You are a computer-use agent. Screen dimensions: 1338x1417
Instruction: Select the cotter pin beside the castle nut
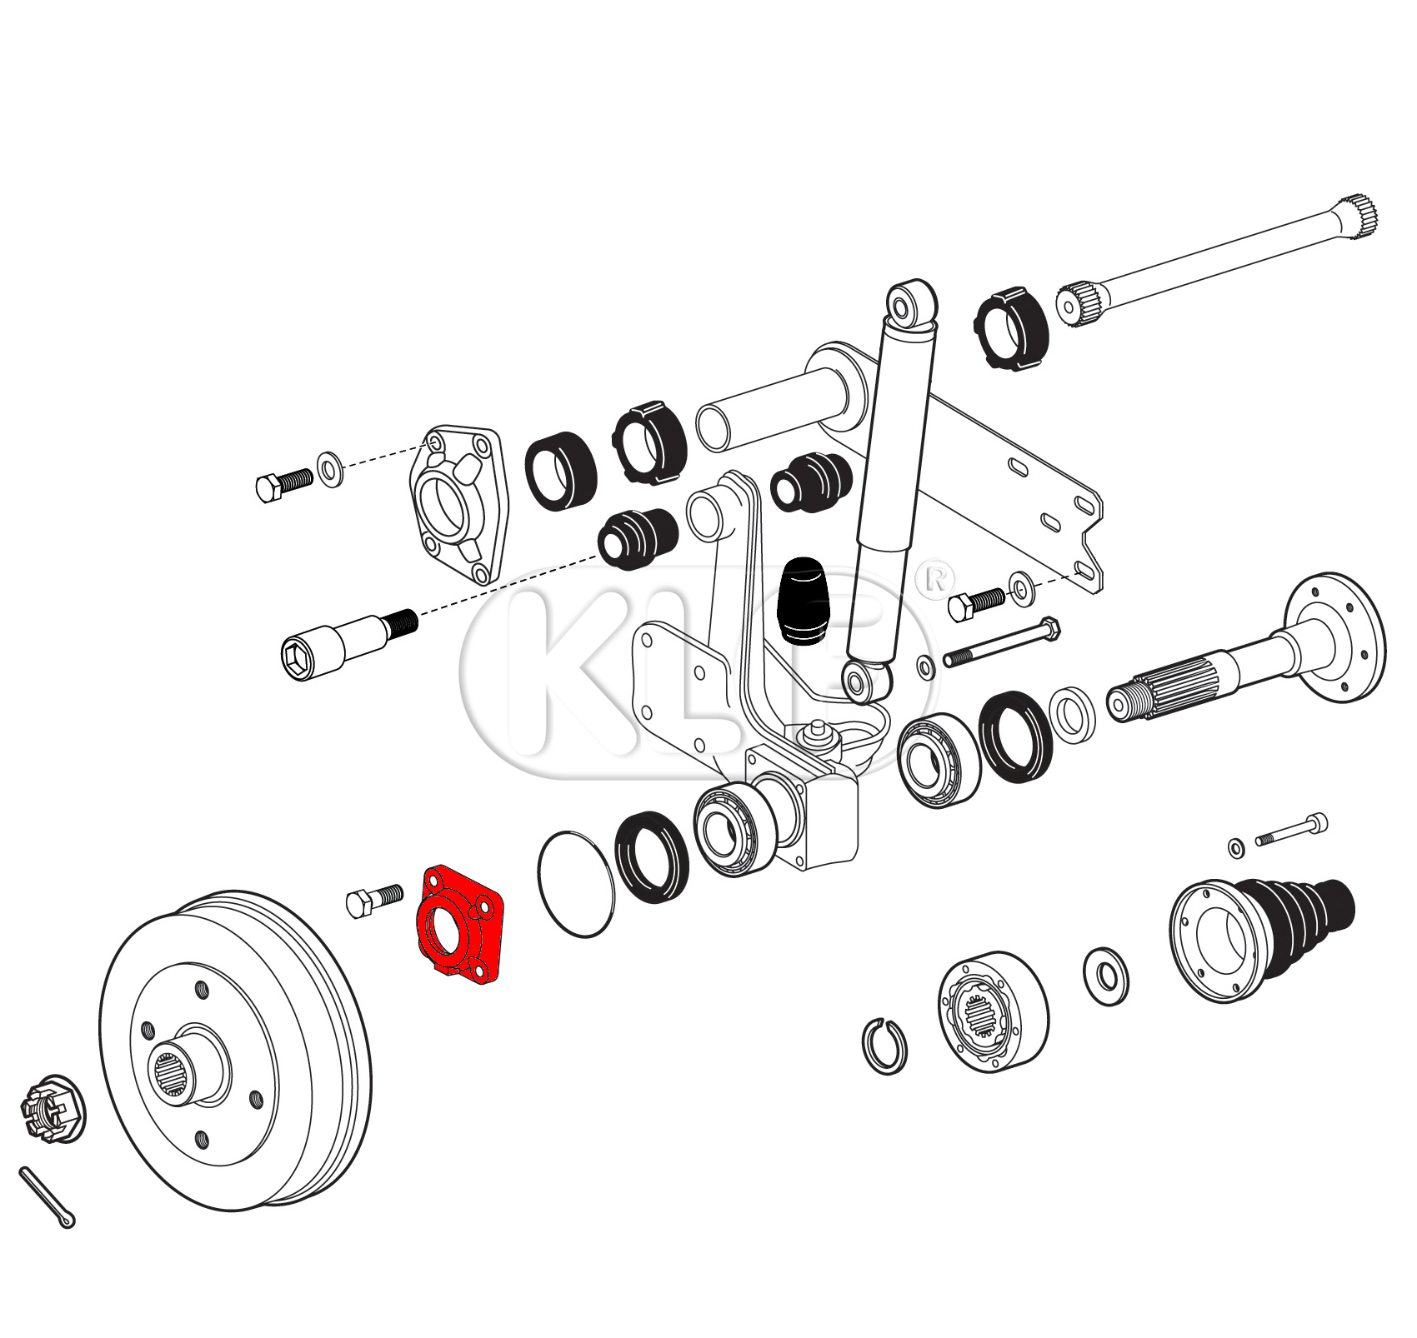47,1196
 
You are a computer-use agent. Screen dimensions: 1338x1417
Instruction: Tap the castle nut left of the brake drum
52,1107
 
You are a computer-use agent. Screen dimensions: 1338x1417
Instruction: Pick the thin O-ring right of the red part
577,884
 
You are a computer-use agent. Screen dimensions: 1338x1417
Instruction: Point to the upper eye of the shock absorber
913,304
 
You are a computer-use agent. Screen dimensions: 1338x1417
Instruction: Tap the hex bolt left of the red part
373,901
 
